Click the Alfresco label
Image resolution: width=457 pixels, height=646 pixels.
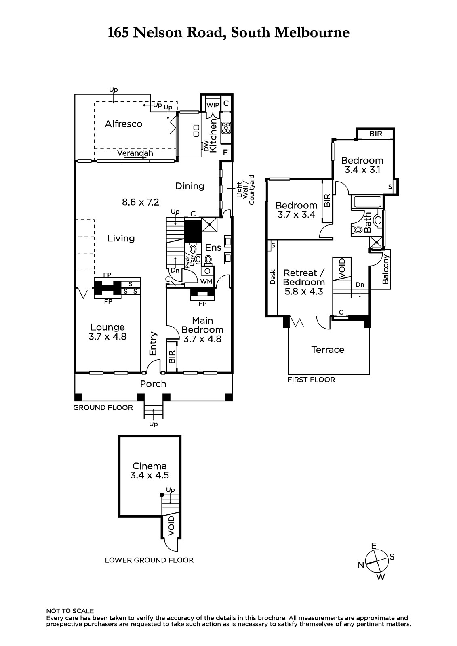click(x=124, y=124)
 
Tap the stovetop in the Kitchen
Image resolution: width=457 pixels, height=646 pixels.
click(x=226, y=128)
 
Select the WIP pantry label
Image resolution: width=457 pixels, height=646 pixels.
click(x=213, y=105)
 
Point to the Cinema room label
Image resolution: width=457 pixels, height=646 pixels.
click(x=150, y=466)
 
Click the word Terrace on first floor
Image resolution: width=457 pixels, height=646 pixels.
click(x=328, y=350)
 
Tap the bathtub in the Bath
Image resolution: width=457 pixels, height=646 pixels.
click(x=366, y=201)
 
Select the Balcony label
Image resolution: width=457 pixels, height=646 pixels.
click(x=385, y=269)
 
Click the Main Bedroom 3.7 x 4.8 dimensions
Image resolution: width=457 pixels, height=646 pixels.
click(x=202, y=339)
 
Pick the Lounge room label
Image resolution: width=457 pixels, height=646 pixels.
click(x=107, y=327)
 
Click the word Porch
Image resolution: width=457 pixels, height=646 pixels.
click(x=153, y=384)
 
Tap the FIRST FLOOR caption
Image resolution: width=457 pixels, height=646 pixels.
click(x=311, y=380)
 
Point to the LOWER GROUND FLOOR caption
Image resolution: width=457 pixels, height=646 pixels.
click(x=149, y=560)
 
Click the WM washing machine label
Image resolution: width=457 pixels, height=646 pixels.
click(x=206, y=281)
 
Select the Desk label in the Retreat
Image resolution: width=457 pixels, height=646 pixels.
click(x=272, y=277)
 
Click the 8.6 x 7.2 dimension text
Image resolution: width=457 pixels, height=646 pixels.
click(x=140, y=202)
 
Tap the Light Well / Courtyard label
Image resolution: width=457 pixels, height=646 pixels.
click(x=245, y=190)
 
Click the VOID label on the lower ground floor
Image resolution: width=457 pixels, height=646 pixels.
click(x=171, y=525)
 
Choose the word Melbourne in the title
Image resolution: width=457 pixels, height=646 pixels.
click(x=312, y=32)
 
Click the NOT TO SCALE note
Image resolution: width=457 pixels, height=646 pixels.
click(x=70, y=611)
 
